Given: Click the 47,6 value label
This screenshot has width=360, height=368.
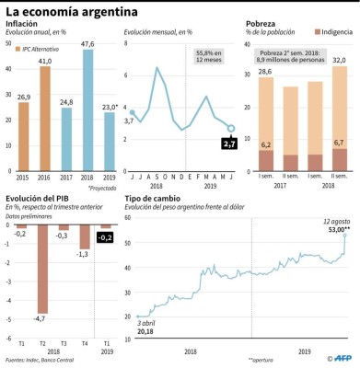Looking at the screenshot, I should coord(88,42).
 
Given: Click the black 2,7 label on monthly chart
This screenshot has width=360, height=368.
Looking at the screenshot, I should coord(231,144).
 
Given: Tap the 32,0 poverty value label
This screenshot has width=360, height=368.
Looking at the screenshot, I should coord(339,60).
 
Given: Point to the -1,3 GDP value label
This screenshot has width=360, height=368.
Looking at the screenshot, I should coord(84,254).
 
